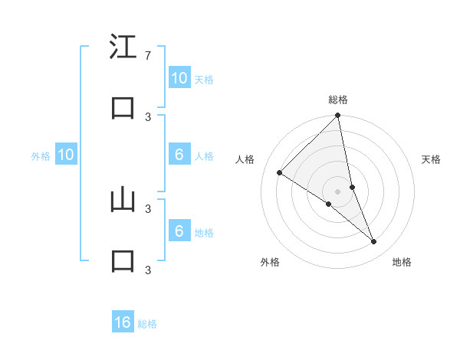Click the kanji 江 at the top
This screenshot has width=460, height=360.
coord(123,47)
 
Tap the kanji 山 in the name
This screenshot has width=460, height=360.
coord(123,201)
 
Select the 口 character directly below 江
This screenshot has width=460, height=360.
coord(123,109)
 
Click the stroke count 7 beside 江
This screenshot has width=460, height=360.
coord(147,55)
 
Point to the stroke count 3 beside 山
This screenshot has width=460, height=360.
coord(147,208)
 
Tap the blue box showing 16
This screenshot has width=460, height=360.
coord(123,322)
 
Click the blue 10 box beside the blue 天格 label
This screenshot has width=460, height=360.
coord(179,78)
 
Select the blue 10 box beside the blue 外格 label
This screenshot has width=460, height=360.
coord(66,155)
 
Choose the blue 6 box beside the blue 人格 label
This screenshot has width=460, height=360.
coord(179,155)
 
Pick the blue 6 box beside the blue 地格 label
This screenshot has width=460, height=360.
coord(179,231)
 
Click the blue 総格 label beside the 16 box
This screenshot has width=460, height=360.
coord(147,324)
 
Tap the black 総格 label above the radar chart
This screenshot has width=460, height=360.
coord(338,100)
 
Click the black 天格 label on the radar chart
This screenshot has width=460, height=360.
coord(432,159)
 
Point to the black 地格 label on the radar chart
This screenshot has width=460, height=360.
coord(402,262)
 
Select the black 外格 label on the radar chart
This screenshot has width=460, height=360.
coord(270,262)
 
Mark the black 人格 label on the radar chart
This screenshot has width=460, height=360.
coord(245,159)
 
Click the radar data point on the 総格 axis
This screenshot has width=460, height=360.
coord(338,116)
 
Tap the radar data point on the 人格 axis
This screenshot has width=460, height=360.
coord(279,172)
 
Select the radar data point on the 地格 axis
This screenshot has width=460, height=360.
coord(374,241)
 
